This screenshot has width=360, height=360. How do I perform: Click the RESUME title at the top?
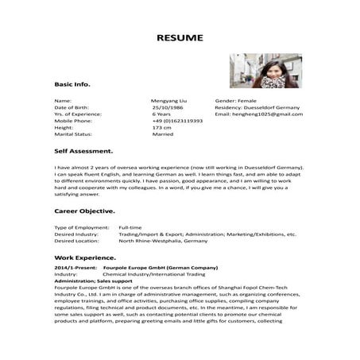[180, 37]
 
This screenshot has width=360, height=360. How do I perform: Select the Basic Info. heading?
[72, 83]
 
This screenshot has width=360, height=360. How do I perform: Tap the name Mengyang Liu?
[168, 102]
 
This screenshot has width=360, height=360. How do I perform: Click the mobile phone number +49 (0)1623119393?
[177, 121]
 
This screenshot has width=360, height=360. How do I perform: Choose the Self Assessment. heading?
[83, 150]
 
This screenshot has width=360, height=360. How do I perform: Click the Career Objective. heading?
[84, 211]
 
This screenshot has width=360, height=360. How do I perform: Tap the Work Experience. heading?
[83, 259]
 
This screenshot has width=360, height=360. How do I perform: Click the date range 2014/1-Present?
[75, 269]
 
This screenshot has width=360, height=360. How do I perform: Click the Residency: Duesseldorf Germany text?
[254, 108]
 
